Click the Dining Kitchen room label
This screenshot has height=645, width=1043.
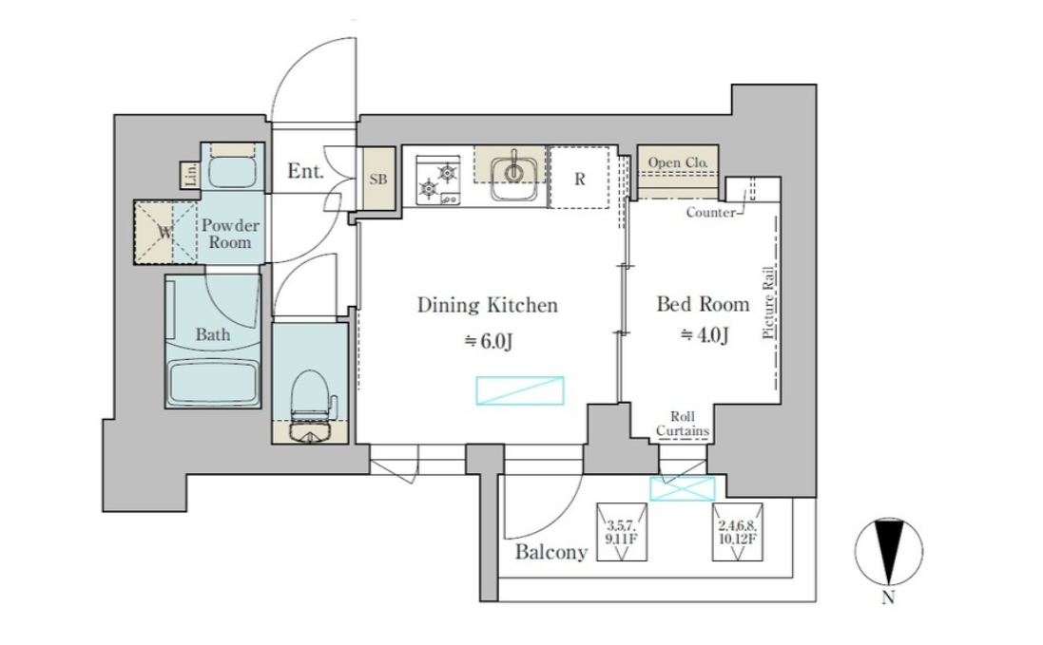pos(487,306)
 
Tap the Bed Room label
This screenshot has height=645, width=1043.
pos(703,304)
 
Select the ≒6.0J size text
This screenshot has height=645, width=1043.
pos(489,341)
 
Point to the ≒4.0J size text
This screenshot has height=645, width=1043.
pos(705,335)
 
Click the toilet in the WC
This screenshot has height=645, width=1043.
pos(311,405)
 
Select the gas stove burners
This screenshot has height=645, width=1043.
pos(438,180)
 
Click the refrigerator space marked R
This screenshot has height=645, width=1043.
pos(579,178)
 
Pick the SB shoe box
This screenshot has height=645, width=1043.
pos(378,180)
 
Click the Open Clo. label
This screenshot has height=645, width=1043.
pos(678,162)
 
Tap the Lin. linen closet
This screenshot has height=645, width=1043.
pos(190,175)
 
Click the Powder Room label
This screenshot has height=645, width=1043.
pos(230,233)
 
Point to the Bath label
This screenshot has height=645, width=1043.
pos(213,334)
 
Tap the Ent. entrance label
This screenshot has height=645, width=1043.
pos(305,171)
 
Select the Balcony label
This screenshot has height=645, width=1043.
pos(551,551)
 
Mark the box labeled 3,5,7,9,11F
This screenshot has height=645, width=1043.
pos(622,531)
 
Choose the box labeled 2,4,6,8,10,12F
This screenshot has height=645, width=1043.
pos(738,531)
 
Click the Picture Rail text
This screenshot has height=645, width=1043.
pos(768,302)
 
